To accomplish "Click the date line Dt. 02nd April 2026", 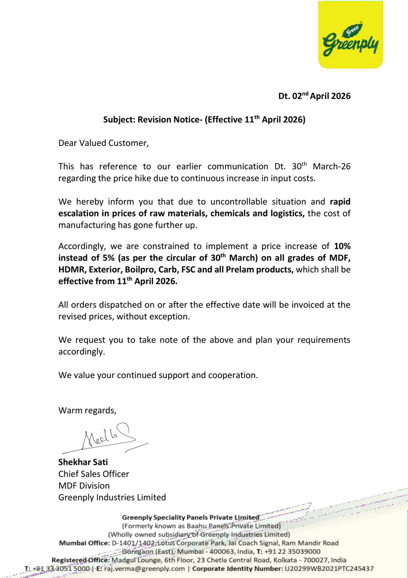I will point(314,95).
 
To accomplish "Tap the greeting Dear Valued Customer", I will point(103,143).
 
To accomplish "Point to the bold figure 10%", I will point(342,246).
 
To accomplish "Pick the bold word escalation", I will point(79,214).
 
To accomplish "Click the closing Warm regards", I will point(87,411).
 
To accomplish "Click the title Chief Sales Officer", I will point(94,474).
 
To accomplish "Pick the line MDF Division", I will point(84,486).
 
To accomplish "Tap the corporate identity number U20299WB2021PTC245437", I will point(329,569).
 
